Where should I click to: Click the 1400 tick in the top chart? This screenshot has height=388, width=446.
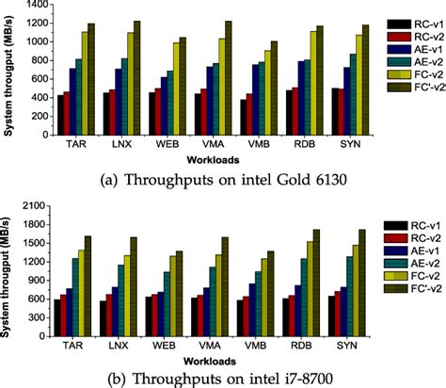click(x=38, y=6)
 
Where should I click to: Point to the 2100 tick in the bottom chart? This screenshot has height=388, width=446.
click(x=38, y=204)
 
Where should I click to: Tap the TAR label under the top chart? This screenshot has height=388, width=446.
click(x=79, y=144)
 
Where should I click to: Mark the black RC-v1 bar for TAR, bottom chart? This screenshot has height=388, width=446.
click(x=58, y=316)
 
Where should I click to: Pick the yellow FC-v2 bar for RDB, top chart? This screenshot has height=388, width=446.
click(x=311, y=84)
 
